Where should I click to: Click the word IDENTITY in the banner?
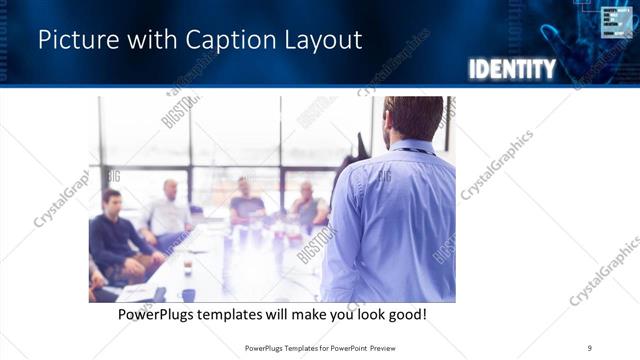click(511, 69)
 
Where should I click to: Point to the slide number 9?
click(589, 347)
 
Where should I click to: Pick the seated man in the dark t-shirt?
click(246, 200)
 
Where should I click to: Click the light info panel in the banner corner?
click(616, 21)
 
